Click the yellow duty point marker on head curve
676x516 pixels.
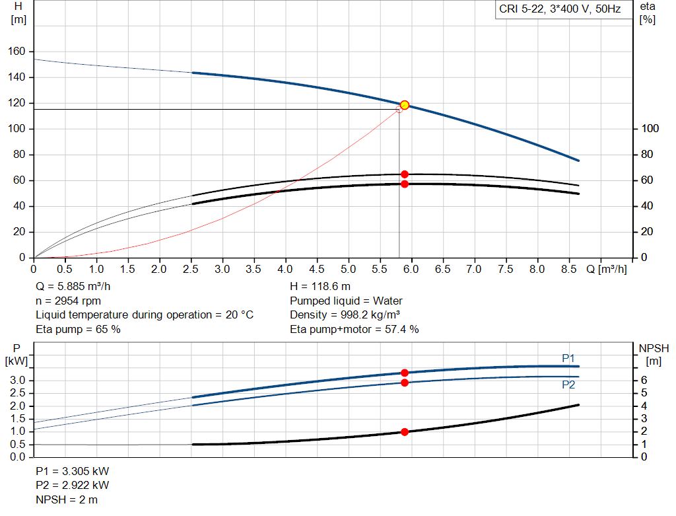point(405,105)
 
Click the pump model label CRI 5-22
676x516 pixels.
point(559,10)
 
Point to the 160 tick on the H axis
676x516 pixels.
point(18,52)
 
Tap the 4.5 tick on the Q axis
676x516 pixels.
point(317,269)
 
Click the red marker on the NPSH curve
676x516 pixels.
point(405,432)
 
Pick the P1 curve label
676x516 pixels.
point(568,358)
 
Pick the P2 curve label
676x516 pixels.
point(568,385)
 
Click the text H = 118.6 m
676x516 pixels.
point(320,287)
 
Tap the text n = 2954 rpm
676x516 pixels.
point(68,301)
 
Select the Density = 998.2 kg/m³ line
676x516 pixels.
point(345,314)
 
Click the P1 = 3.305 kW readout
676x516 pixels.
point(72,472)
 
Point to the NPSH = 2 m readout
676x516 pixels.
point(66,499)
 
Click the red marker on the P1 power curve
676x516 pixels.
point(405,373)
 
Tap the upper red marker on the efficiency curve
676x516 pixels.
point(405,174)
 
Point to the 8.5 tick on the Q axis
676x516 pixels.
point(568,269)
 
